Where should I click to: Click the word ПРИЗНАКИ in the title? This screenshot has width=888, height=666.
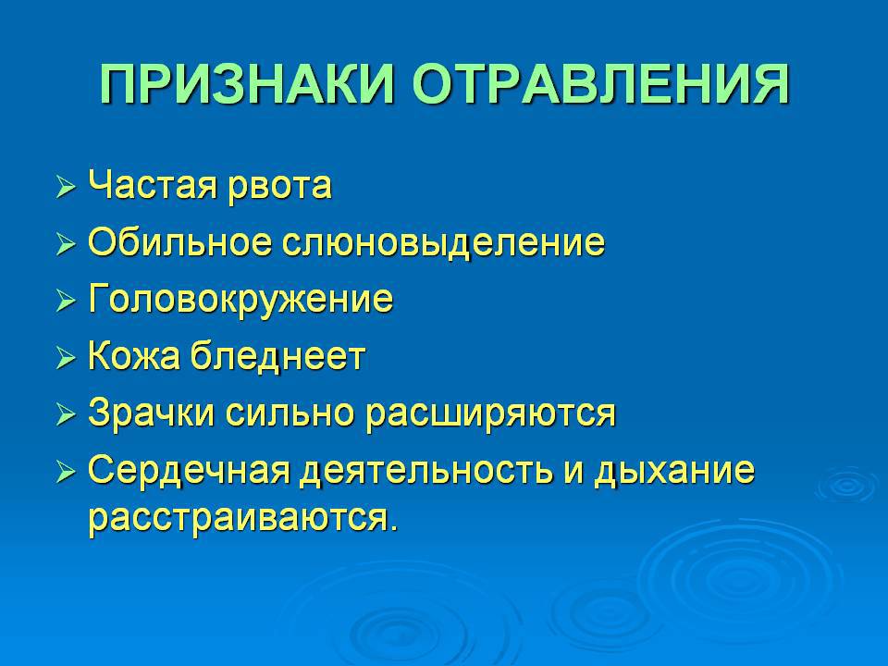(246, 84)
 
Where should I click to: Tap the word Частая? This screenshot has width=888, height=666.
(153, 185)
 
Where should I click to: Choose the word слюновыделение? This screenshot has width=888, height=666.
(443, 244)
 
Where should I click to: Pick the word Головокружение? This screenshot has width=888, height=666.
(240, 300)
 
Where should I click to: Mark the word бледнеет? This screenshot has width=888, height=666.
(277, 356)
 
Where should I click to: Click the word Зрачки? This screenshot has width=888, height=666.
(151, 414)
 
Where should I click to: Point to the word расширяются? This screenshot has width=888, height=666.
(489, 415)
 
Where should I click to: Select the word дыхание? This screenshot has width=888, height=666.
(674, 473)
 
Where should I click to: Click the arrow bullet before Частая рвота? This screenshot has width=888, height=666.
(66, 187)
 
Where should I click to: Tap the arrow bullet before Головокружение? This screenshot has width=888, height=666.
(66, 302)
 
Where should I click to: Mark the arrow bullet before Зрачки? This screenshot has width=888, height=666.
(66, 415)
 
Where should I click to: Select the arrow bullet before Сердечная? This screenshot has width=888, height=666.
(66, 473)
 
